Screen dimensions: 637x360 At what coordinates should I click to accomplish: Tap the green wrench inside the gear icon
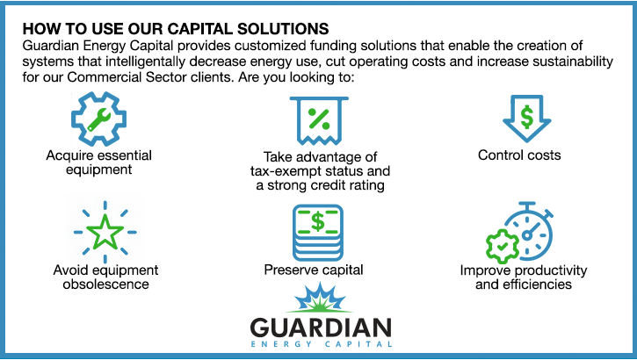click(x=98, y=119)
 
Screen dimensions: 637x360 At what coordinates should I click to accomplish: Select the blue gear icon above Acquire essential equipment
click(x=98, y=119)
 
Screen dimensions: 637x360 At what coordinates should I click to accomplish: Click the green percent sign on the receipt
click(x=319, y=119)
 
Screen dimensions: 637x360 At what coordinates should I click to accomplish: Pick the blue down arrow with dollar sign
click(x=526, y=119)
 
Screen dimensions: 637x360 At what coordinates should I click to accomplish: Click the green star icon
click(x=105, y=232)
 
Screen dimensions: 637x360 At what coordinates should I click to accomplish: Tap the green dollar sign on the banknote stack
click(x=318, y=221)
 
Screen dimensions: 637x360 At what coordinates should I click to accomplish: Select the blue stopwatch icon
click(x=528, y=231)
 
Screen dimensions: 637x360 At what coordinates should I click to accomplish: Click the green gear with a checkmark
click(x=503, y=246)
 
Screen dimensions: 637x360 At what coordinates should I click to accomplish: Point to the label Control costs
click(x=519, y=155)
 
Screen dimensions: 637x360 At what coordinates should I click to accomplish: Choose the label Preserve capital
click(x=314, y=270)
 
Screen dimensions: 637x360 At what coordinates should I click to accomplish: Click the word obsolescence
click(x=105, y=284)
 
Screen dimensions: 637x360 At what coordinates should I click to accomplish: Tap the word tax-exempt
click(x=279, y=171)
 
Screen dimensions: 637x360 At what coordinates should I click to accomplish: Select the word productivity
click(x=551, y=270)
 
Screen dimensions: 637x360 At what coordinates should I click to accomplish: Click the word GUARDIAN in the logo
click(x=321, y=328)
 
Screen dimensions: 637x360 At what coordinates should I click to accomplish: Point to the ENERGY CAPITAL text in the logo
click(x=322, y=344)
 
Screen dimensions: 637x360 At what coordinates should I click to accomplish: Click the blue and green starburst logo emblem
click(x=320, y=299)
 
